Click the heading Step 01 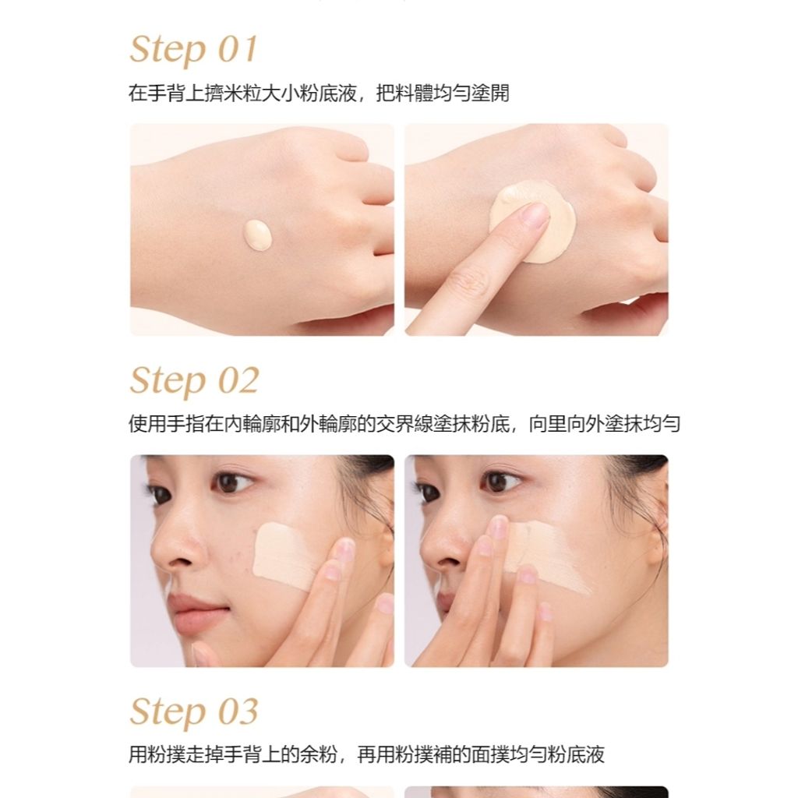(x=194, y=50)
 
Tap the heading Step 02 (x=194, y=380)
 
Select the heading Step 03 (x=194, y=711)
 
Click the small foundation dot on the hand (x=258, y=235)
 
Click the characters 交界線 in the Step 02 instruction (x=404, y=423)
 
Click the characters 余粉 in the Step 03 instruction (x=318, y=754)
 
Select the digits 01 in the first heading (x=238, y=50)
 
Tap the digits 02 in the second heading (x=238, y=380)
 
